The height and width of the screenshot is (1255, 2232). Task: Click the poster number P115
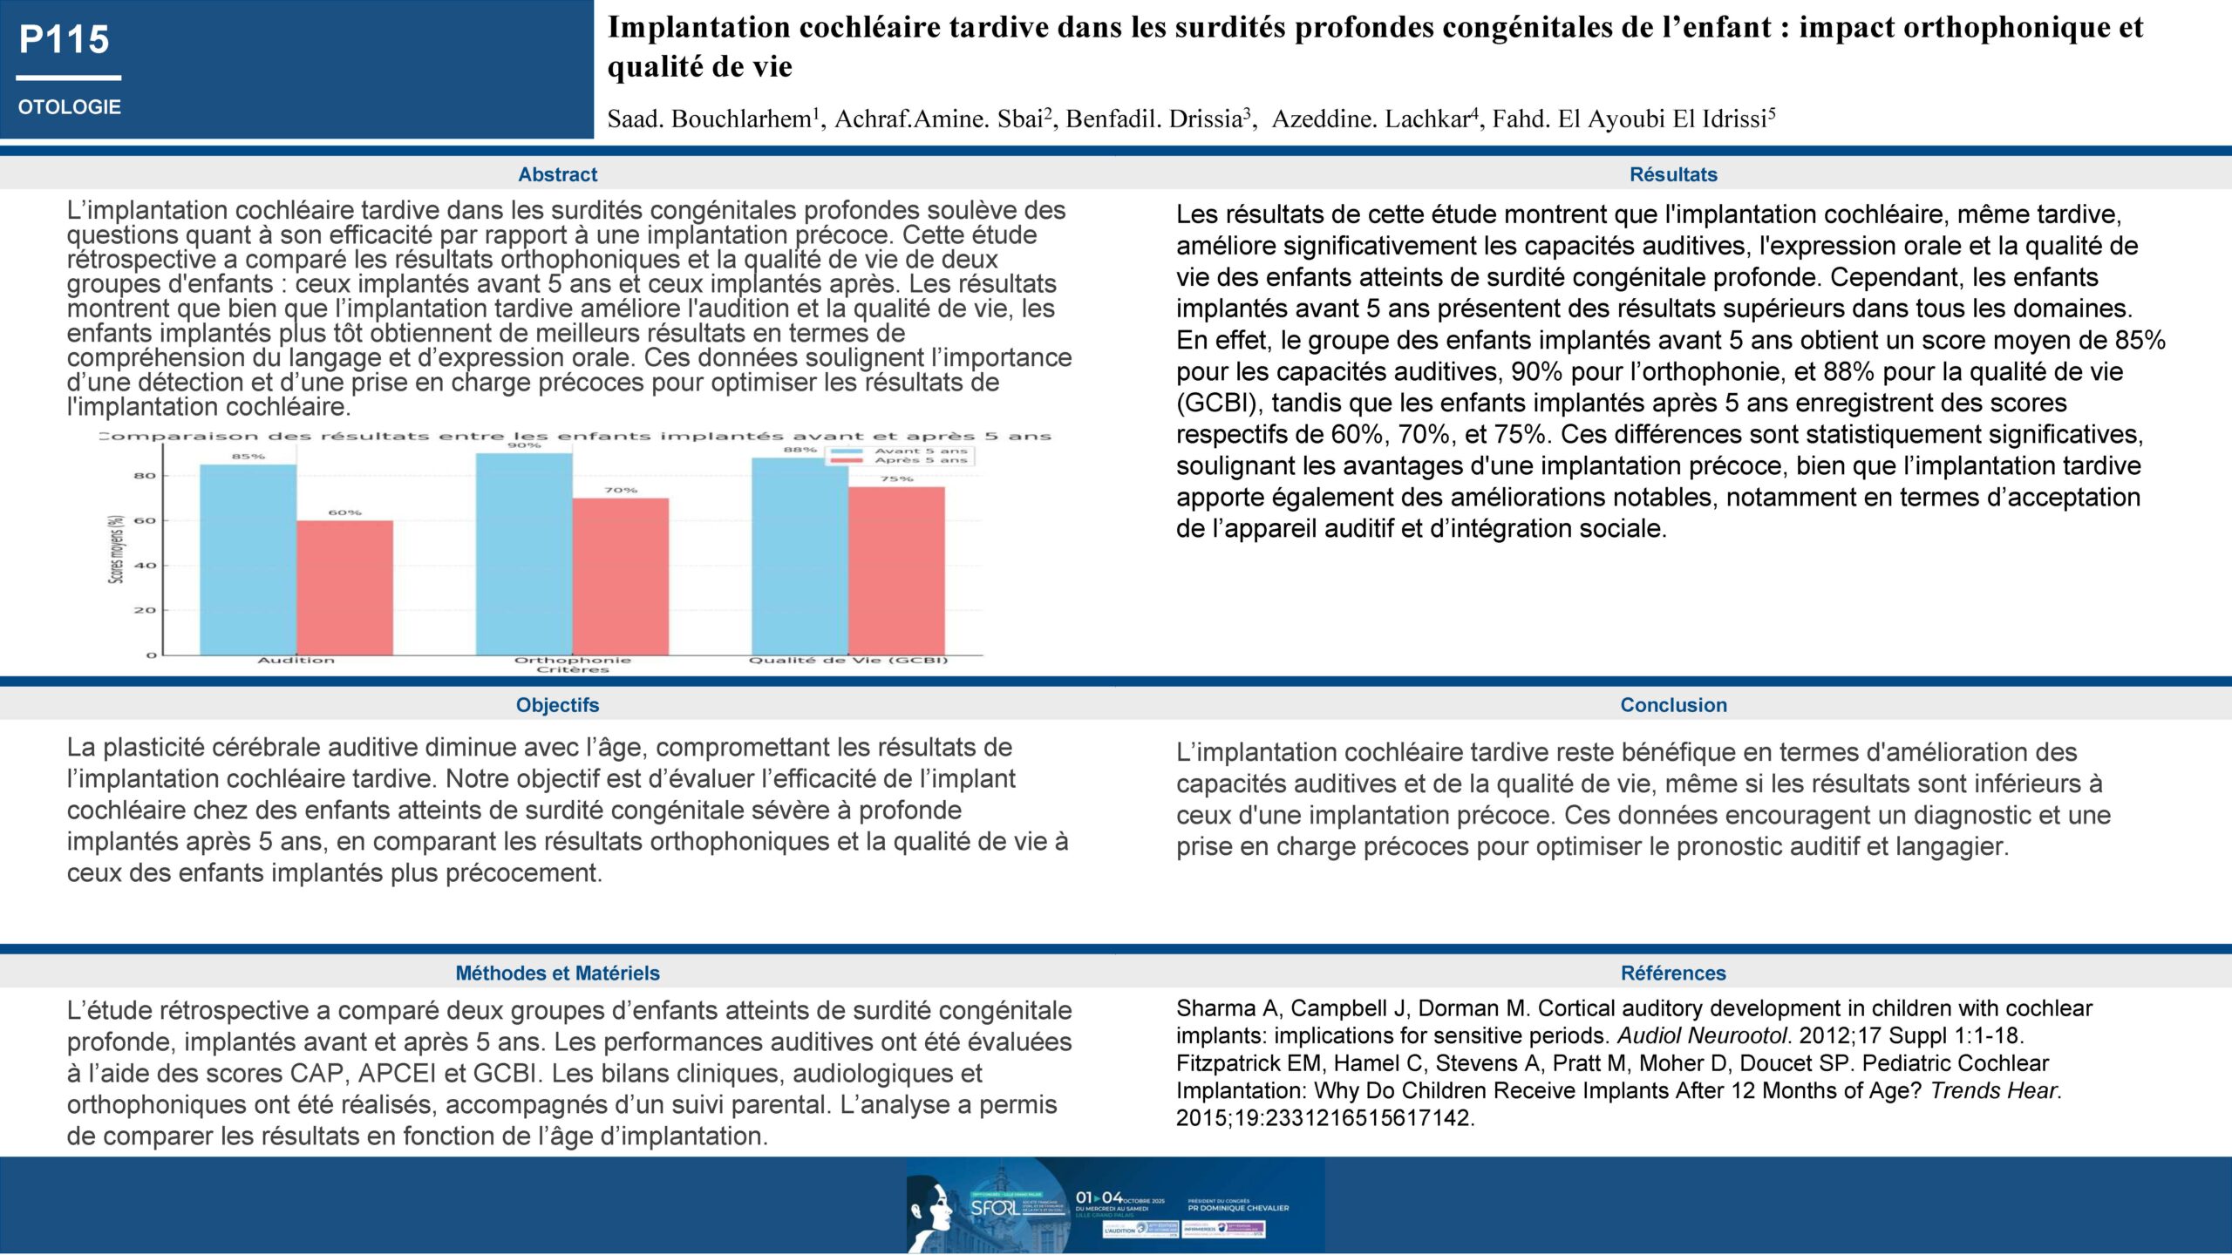(x=65, y=40)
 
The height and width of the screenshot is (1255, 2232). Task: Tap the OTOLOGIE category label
(x=70, y=107)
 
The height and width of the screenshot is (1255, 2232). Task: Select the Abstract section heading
(x=557, y=174)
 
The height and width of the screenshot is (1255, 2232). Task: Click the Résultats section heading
(x=1673, y=174)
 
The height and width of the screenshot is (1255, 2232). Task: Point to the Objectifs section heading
(x=557, y=705)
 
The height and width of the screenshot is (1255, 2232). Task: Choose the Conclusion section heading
(x=1673, y=705)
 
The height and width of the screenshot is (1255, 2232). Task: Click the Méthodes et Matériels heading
(x=557, y=973)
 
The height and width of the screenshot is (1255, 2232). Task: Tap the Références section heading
(x=1673, y=973)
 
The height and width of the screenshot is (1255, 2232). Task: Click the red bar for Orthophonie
(x=621, y=576)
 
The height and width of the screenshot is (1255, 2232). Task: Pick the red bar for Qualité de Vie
(x=896, y=570)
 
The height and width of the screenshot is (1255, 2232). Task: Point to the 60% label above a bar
(x=345, y=512)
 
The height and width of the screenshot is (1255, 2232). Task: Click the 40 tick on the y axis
(x=145, y=566)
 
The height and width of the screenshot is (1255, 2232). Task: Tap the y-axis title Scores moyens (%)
(x=116, y=548)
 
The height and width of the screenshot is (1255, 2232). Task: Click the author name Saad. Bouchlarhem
(x=711, y=119)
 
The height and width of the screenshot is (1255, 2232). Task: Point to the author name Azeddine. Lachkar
(x=1371, y=119)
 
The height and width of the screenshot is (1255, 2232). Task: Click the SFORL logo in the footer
(x=994, y=1208)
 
